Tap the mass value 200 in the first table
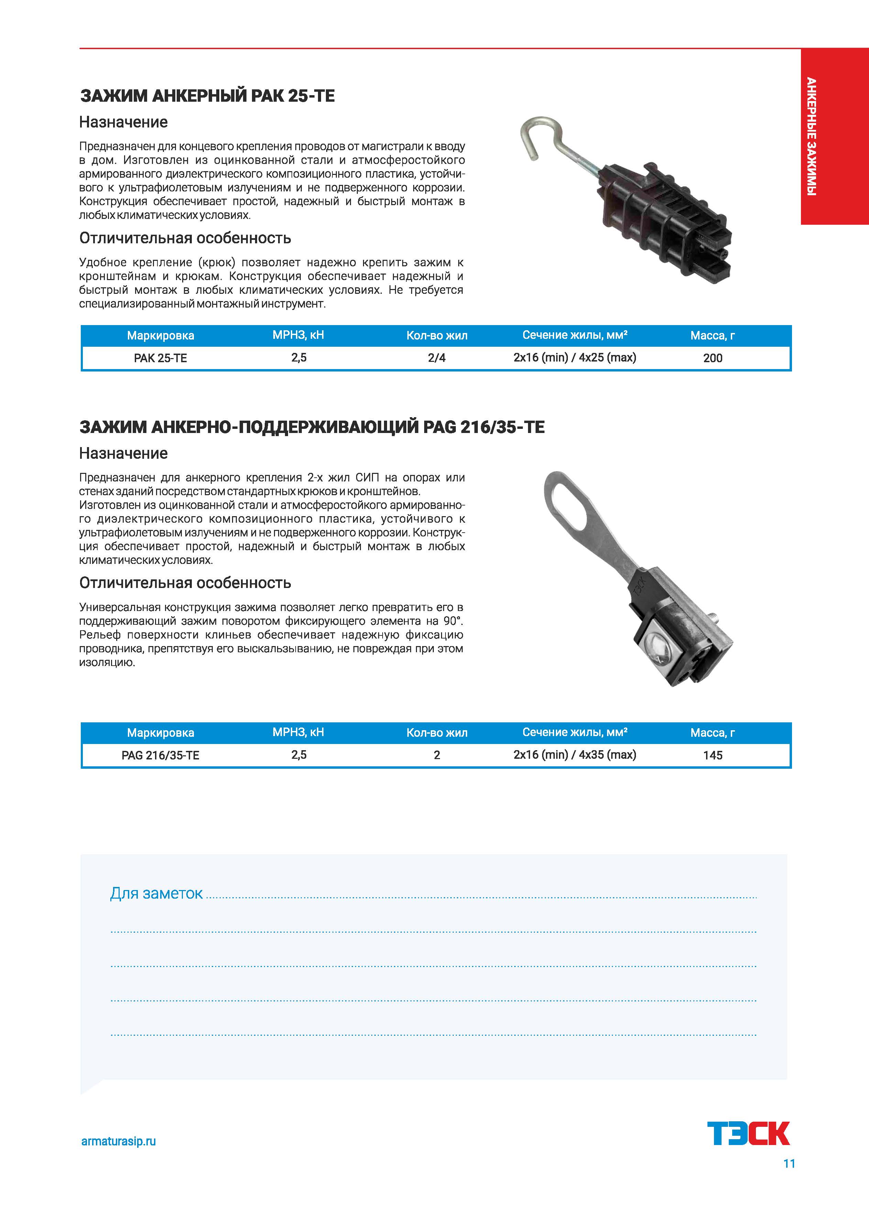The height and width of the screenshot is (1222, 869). tap(712, 358)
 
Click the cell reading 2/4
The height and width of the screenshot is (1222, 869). tap(437, 358)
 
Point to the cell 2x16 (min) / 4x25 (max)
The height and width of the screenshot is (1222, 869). tap(575, 357)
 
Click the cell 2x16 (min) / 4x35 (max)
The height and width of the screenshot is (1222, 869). tap(575, 755)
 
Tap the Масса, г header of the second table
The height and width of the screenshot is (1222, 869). tap(712, 733)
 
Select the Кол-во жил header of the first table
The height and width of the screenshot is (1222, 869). tap(437, 335)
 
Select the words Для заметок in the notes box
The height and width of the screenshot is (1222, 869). tap(156, 893)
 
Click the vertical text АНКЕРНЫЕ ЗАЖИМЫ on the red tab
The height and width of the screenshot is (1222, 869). tap(811, 136)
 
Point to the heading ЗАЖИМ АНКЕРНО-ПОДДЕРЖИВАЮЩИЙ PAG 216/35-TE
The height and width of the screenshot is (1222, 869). tap(312, 427)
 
